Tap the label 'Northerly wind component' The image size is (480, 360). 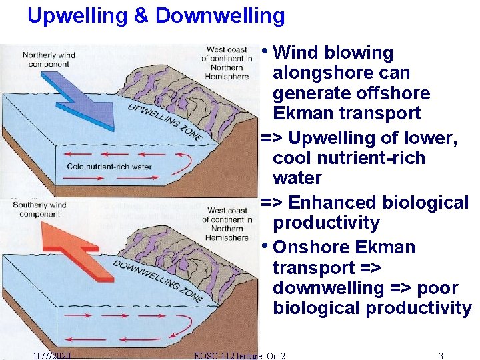point(49,59)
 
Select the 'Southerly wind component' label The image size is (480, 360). point(39,209)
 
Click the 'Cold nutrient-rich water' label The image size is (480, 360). point(109,167)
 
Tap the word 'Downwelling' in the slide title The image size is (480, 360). point(220,15)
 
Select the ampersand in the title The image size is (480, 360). point(141,15)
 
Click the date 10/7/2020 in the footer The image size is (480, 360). point(52,355)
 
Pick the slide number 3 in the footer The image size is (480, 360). point(441,355)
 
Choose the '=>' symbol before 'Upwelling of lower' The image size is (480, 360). point(271,138)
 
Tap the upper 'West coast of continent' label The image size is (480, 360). point(227,63)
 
